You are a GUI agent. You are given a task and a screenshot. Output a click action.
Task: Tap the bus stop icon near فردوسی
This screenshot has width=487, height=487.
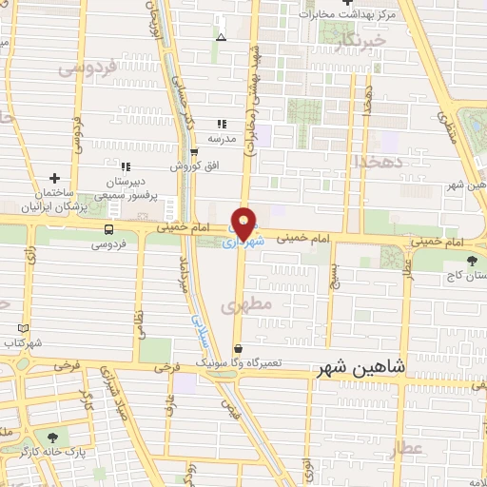(x=109, y=229)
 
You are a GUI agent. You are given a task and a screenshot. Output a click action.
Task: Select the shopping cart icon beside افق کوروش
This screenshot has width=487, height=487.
(x=195, y=152)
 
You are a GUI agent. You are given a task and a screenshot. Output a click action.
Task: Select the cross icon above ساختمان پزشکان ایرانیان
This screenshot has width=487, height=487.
(x=54, y=178)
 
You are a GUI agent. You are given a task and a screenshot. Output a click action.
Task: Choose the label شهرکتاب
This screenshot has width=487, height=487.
(x=23, y=341)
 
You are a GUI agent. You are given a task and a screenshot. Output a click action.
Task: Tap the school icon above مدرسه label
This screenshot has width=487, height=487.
(x=222, y=125)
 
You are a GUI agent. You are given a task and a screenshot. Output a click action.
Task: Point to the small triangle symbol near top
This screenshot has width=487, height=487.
(x=222, y=38)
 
